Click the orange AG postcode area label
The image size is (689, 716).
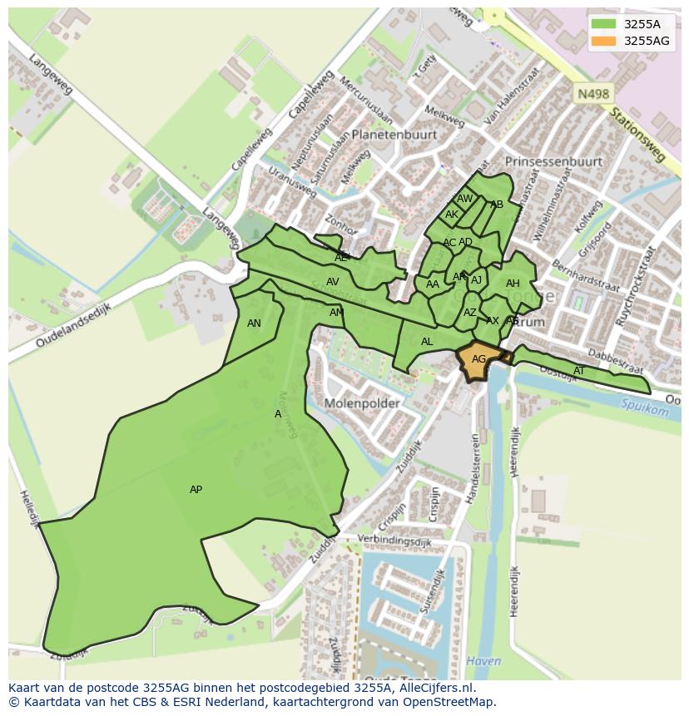[478, 359]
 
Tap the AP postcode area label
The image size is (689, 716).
[196, 490]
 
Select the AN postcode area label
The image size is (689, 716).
[254, 323]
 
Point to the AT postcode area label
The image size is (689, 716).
[579, 371]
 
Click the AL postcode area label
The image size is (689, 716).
[427, 342]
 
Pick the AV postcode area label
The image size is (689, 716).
[332, 282]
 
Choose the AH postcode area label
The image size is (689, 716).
[513, 284]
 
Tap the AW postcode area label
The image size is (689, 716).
[464, 199]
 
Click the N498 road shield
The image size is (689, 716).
[592, 95]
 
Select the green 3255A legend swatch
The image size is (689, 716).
[604, 24]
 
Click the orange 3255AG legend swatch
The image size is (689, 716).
[604, 41]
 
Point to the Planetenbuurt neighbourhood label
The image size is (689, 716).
[394, 134]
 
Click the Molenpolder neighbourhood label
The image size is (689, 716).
[362, 403]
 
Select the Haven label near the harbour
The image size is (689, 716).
[483, 661]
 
